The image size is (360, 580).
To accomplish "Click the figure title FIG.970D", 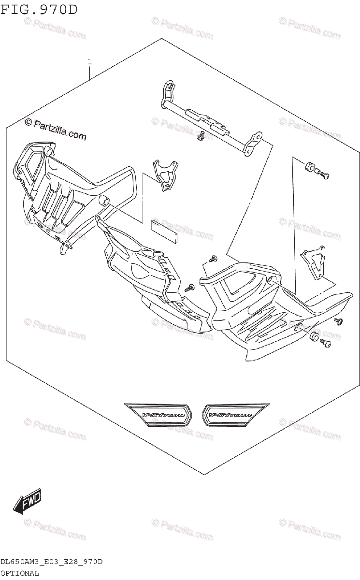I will click(39, 10).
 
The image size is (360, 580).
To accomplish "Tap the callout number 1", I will click(89, 62).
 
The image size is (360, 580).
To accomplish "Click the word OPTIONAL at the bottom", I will click(20, 573).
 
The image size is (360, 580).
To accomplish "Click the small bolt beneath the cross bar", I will click(200, 137).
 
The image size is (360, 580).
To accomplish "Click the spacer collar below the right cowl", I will click(314, 337).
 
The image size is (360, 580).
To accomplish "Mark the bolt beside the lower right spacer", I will click(326, 343).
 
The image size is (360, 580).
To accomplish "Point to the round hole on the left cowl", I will click(103, 200).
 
